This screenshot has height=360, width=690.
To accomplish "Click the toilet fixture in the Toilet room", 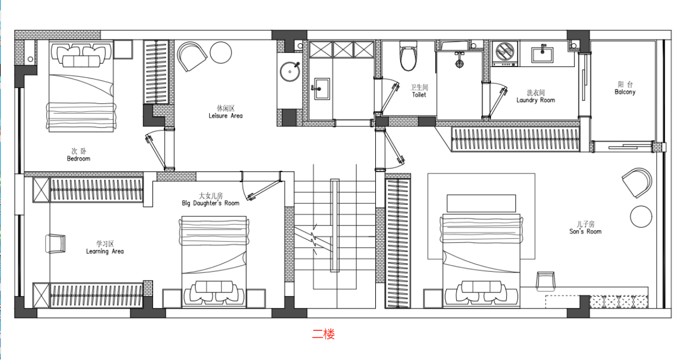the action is (x=408, y=56).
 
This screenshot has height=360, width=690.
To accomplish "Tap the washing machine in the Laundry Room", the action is (x=505, y=54).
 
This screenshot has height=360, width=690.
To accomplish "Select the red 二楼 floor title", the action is (x=323, y=334).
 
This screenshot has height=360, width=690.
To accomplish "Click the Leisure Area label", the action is (x=225, y=112).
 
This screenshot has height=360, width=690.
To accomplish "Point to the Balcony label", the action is (x=625, y=88).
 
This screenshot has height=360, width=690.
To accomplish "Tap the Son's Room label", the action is (x=585, y=228).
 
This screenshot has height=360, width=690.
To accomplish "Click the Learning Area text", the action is (x=105, y=248).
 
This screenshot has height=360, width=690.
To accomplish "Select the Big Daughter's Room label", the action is (x=210, y=199).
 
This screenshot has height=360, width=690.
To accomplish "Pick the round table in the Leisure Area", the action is (x=221, y=52).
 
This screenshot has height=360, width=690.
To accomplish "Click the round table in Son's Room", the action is (x=641, y=217).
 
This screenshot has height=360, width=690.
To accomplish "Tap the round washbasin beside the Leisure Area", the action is (x=290, y=71).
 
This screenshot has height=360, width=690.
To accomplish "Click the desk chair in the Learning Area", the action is (x=56, y=244).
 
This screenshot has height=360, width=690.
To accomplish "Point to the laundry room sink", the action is (x=542, y=54).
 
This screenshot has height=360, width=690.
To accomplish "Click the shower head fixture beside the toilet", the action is (x=459, y=60).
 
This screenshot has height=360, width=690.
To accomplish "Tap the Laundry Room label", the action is (x=536, y=96).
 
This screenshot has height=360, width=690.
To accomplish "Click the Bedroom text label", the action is (x=78, y=155).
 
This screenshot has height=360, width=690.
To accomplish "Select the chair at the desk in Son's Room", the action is (x=545, y=281).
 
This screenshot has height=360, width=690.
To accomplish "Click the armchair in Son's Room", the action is (x=637, y=183).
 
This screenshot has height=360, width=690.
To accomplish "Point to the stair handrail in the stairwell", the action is (x=335, y=225).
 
